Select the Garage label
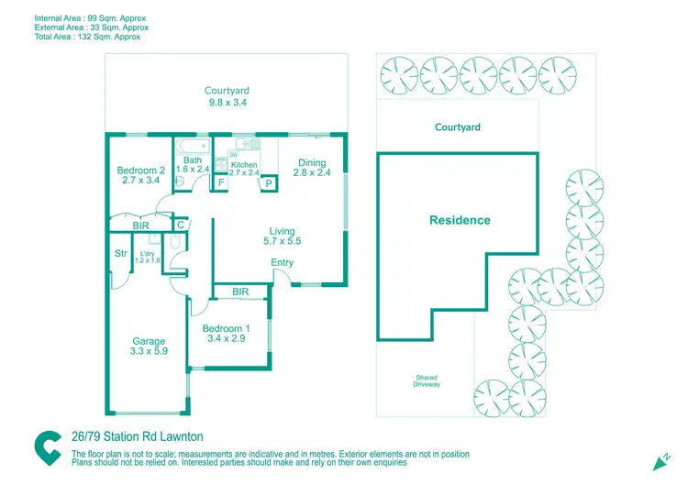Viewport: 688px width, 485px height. click(x=149, y=342)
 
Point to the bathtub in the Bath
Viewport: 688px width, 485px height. click(x=192, y=146)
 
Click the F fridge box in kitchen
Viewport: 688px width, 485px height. click(x=220, y=182)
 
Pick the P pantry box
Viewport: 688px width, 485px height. click(x=268, y=182)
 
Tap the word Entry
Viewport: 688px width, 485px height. click(x=283, y=263)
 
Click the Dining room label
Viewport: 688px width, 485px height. click(x=310, y=163)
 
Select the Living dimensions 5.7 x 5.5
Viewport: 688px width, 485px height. click(x=282, y=242)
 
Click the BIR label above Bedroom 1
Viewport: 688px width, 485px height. click(x=240, y=292)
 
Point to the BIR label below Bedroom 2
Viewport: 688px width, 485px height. click(x=140, y=224)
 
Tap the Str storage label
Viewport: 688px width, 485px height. click(x=120, y=254)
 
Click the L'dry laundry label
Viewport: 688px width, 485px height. click(x=148, y=254)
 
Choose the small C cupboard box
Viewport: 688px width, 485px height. click(x=181, y=224)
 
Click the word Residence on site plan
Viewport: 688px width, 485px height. click(x=460, y=220)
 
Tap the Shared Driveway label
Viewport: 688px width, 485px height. click(x=427, y=380)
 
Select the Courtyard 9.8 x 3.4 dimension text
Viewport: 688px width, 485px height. click(x=227, y=104)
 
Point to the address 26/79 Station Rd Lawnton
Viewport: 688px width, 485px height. click(x=137, y=437)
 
